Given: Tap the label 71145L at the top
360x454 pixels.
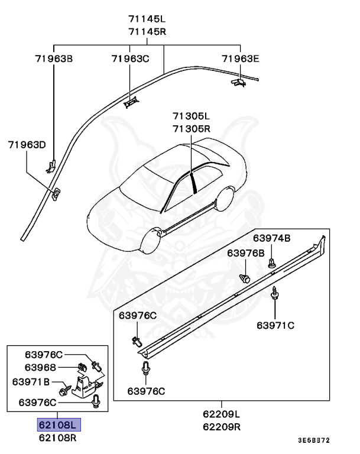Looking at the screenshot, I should pos(148,20).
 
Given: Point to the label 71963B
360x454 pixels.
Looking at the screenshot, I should pos(53,59).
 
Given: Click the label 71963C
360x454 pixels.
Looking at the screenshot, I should pos(130,59).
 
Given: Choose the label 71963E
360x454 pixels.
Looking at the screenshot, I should pos(241,59).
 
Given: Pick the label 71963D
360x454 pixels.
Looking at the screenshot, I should pos(27,144).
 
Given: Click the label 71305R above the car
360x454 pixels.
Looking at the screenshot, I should pos(192,128).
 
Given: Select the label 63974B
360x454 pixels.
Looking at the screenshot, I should pos(272,238).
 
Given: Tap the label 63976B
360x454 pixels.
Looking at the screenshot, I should pos(246,253).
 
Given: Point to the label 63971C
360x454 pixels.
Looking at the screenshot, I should pos(275,325).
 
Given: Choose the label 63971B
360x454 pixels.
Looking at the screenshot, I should pos(31,381).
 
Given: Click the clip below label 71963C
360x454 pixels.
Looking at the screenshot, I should pos(131,102).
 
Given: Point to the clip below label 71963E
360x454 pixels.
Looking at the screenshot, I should pos(238,83).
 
